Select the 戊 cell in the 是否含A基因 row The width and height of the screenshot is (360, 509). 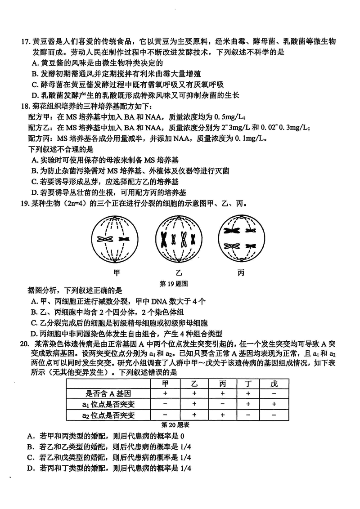(274, 393)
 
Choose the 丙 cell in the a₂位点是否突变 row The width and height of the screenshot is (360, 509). (221, 415)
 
